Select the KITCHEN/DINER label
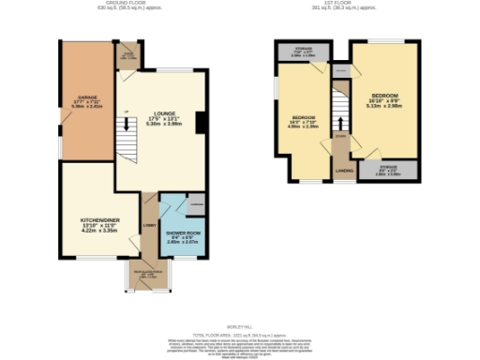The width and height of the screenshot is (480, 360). [97, 221]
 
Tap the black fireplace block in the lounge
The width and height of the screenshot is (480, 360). [199, 122]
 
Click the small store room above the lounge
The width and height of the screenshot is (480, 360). [127, 53]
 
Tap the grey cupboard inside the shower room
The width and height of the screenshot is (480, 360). [197, 203]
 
